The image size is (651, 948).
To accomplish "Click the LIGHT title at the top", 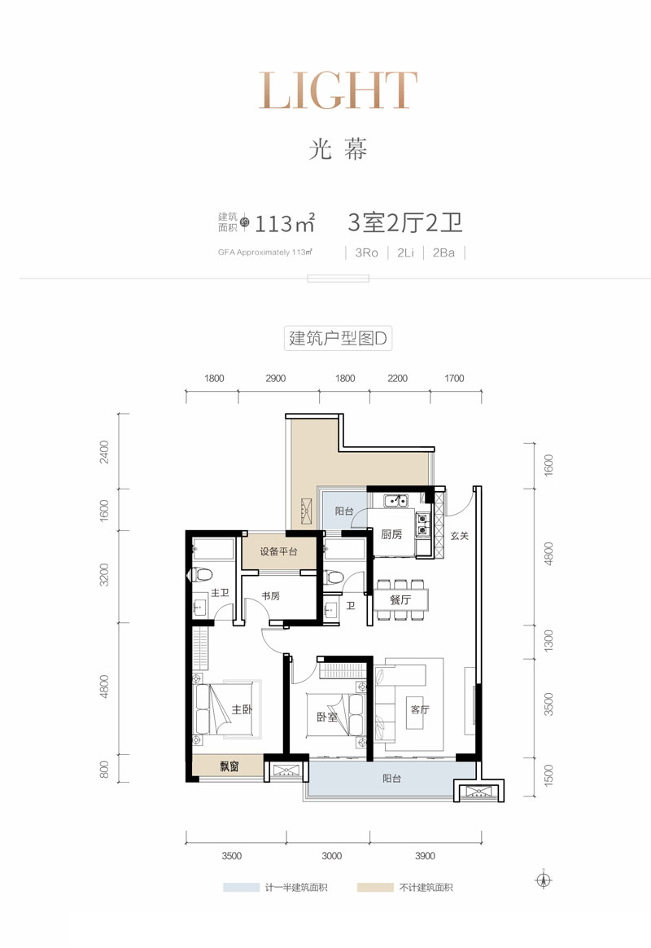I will coord(338,91).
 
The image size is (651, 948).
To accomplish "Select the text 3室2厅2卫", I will coord(405,222).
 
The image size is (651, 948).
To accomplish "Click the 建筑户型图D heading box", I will coord(339,338).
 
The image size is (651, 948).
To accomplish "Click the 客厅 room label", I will coord(419,709).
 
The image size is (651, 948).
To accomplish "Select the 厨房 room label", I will coord(391,535).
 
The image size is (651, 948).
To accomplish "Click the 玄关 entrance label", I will coord(461,537).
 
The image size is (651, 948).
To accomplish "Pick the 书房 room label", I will coord(270,596).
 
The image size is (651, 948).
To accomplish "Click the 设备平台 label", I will coord(278,551).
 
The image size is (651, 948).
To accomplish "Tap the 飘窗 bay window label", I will coord(229,766).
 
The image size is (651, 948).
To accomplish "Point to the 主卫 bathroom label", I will coord(219,594).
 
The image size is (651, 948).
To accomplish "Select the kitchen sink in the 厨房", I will coord(396,501).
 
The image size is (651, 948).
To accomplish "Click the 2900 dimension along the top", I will coord(275,379).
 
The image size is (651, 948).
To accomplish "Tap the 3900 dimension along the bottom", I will coord(425,856).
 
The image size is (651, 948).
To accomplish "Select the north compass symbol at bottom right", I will coord(544,880).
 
